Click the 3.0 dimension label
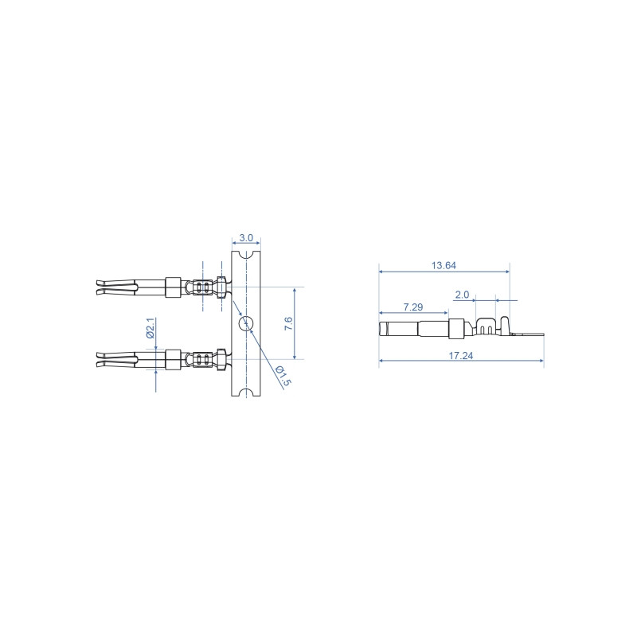246,237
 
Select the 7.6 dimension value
288,323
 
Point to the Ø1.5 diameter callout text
283,376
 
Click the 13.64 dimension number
444,265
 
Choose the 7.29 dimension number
413,307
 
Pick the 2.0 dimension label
462,295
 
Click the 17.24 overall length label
461,355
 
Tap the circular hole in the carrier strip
246,323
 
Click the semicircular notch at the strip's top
246,255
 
